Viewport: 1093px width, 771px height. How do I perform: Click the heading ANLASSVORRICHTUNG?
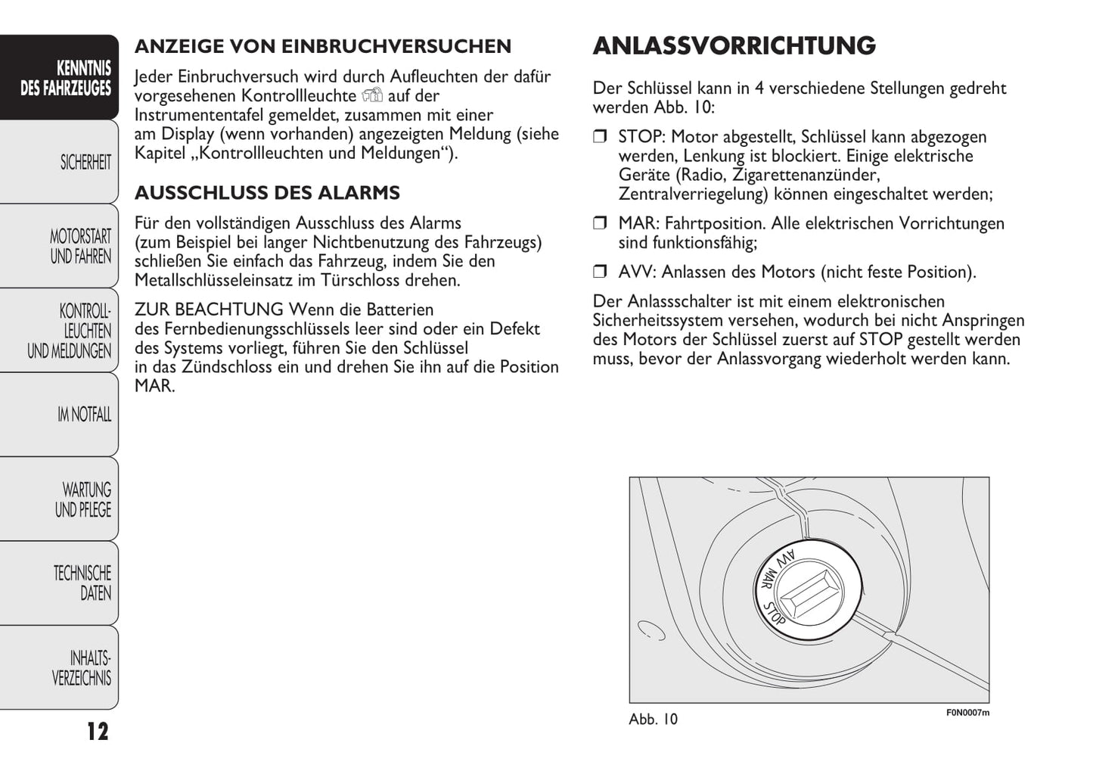coord(734,46)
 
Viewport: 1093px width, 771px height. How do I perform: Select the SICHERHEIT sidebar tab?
coord(85,163)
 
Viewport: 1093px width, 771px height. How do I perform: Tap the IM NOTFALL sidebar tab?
coord(83,415)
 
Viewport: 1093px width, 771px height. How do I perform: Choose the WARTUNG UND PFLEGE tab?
coord(82,499)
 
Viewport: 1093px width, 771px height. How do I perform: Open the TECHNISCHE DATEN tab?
coord(82,583)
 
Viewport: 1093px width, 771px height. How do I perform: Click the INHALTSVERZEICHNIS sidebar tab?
coord(82,667)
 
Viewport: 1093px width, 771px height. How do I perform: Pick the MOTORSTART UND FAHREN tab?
coord(80,247)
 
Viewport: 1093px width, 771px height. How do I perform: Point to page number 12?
coord(97,732)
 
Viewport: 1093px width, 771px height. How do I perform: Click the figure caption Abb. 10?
coord(653,720)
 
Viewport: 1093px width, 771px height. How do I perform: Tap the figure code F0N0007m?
coord(967,713)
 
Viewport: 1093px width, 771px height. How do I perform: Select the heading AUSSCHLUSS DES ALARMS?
coord(267,193)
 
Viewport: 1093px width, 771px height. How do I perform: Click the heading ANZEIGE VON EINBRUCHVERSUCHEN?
coord(323,46)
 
